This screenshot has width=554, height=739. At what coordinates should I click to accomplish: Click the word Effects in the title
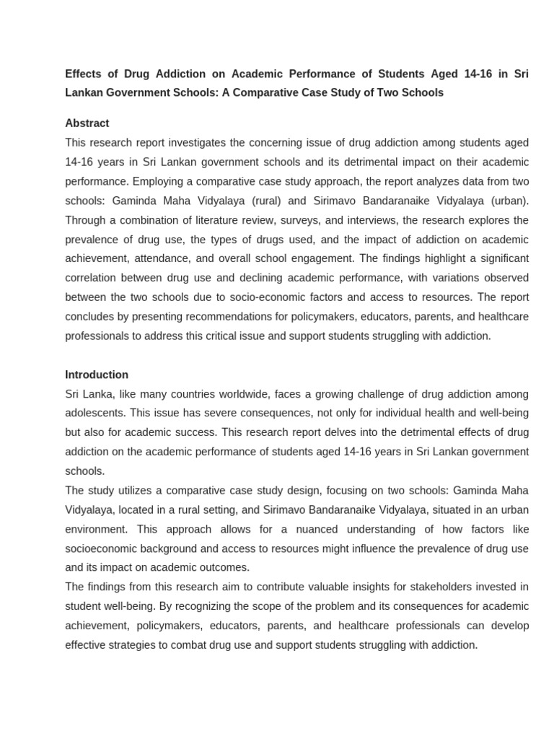[x=84, y=74]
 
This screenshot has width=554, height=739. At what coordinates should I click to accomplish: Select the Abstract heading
[x=87, y=123]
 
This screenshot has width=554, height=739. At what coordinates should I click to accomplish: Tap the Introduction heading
[x=97, y=375]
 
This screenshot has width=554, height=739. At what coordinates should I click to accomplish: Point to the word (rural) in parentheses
[x=293, y=201]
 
